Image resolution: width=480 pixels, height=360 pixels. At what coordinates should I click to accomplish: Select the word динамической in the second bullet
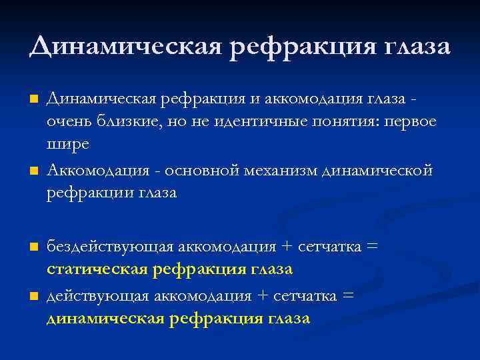click(x=377, y=171)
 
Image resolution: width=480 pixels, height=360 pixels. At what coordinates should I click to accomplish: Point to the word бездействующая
click(x=109, y=247)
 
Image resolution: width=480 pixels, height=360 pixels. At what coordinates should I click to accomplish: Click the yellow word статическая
click(x=97, y=269)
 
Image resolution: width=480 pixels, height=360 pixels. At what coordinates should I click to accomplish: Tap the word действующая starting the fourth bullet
click(x=97, y=295)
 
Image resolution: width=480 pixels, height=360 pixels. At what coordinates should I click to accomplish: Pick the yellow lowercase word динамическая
click(x=105, y=318)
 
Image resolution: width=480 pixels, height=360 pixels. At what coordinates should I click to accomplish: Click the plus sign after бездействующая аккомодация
click(x=287, y=247)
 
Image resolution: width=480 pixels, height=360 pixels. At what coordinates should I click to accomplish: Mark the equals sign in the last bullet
click(x=347, y=295)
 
